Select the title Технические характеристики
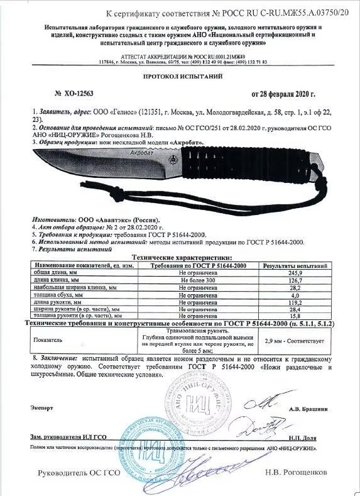tap(180, 258)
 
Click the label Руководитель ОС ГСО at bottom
tap(80, 472)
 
